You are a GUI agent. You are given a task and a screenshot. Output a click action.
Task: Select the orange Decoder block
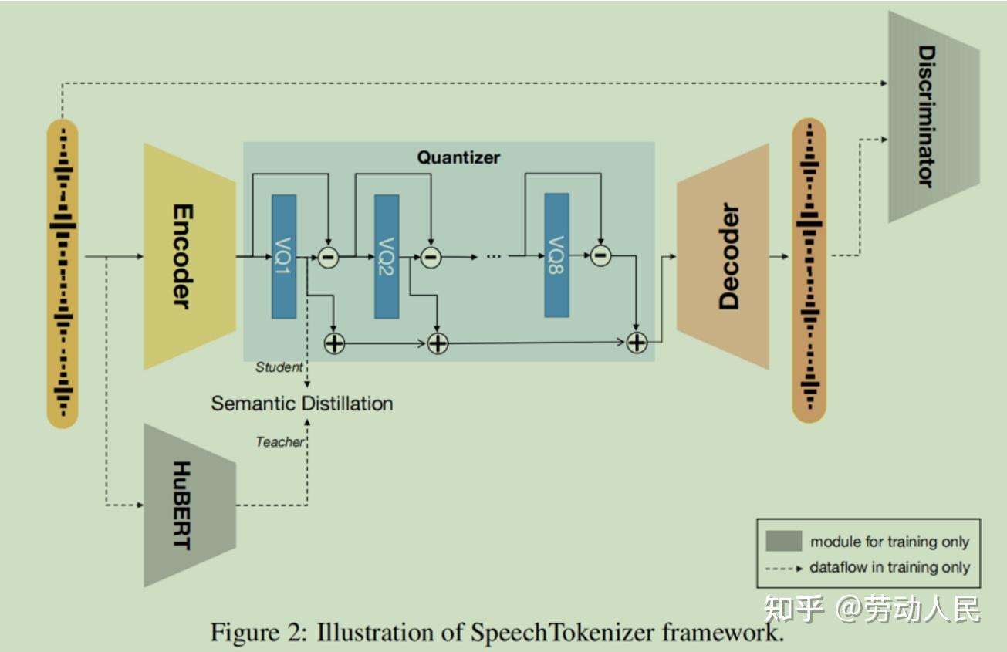tap(722, 256)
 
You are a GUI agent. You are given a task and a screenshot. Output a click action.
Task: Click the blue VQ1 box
tap(283, 256)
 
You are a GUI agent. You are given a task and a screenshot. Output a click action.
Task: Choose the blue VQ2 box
tap(387, 256)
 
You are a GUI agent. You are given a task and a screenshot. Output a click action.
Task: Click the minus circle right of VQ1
tap(328, 256)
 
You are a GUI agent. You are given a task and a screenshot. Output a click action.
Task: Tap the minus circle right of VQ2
tap(431, 256)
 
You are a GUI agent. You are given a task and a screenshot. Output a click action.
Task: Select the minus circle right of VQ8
tap(600, 255)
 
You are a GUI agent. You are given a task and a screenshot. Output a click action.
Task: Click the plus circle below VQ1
tap(334, 343)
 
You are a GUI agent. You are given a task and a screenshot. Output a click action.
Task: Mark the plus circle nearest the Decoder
tap(637, 343)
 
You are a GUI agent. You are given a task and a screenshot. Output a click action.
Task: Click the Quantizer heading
tap(458, 157)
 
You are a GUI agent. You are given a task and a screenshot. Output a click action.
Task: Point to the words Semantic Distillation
tap(302, 403)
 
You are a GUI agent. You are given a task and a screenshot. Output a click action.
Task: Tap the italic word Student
tap(279, 367)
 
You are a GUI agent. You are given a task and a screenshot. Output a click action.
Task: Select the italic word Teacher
tap(279, 442)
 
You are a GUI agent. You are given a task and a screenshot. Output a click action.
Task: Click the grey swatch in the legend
tap(782, 542)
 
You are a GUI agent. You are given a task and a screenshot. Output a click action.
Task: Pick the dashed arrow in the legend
tap(782, 568)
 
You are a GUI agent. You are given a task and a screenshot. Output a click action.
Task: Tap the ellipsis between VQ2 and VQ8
tap(495, 256)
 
